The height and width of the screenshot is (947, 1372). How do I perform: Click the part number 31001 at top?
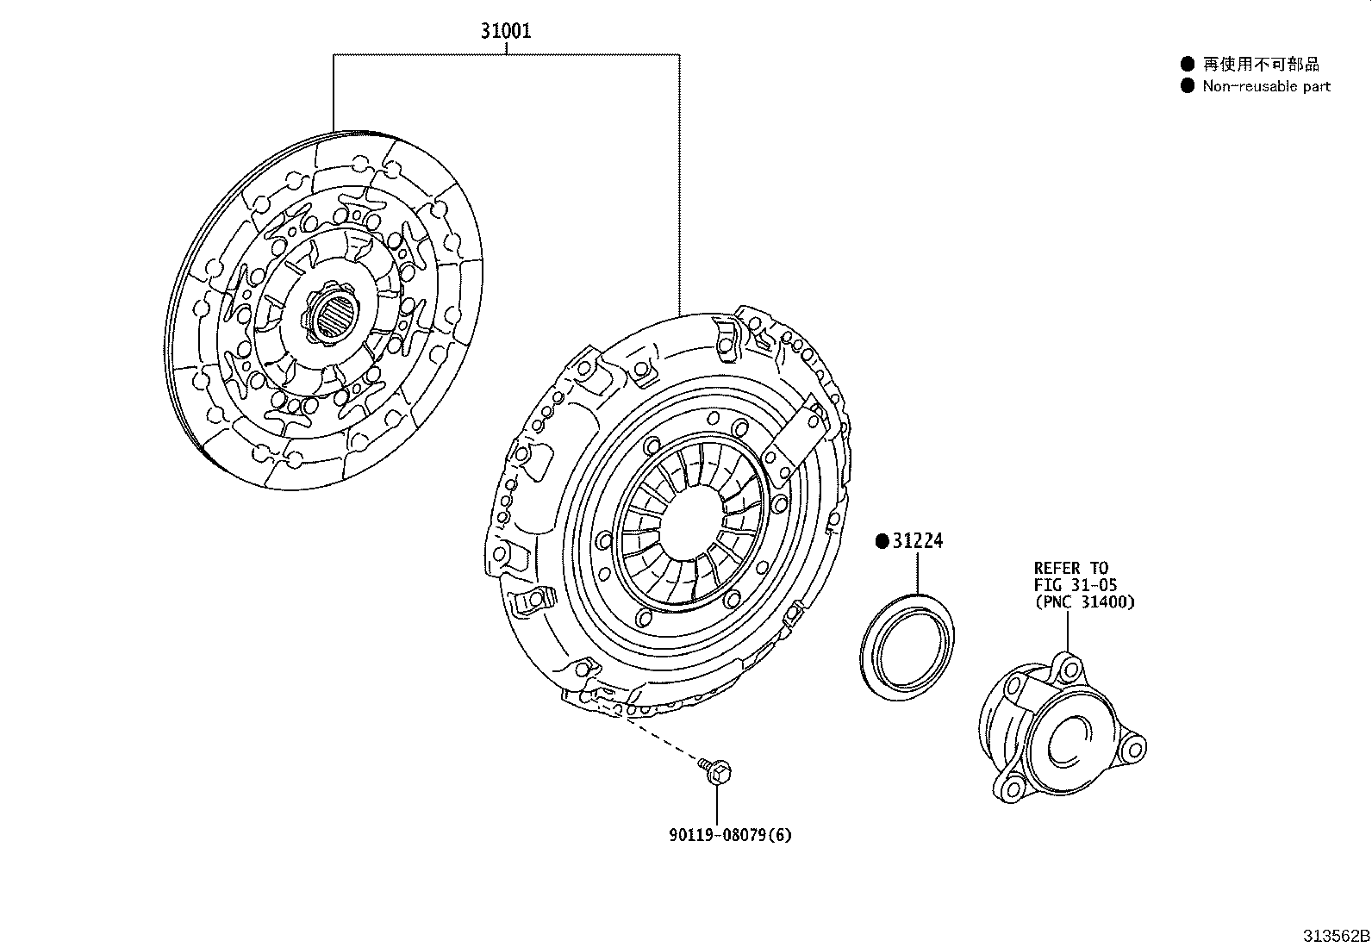tap(506, 32)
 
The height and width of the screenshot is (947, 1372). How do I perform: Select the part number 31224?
tap(918, 541)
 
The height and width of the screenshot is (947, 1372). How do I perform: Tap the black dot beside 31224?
tap(882, 541)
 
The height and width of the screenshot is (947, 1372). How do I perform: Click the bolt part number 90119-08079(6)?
tap(729, 834)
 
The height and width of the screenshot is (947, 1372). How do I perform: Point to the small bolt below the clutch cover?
tap(715, 770)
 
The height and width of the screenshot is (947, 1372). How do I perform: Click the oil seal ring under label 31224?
tap(907, 642)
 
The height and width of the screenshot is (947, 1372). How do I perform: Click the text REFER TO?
tap(1070, 568)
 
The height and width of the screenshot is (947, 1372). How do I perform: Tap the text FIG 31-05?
tap(1075, 585)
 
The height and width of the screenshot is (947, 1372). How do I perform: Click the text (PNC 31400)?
tap(1084, 602)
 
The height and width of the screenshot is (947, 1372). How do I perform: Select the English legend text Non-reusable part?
tap(1266, 86)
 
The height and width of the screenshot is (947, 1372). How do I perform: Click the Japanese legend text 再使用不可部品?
tap(1260, 64)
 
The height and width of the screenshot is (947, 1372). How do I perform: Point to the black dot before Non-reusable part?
tap(1188, 86)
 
